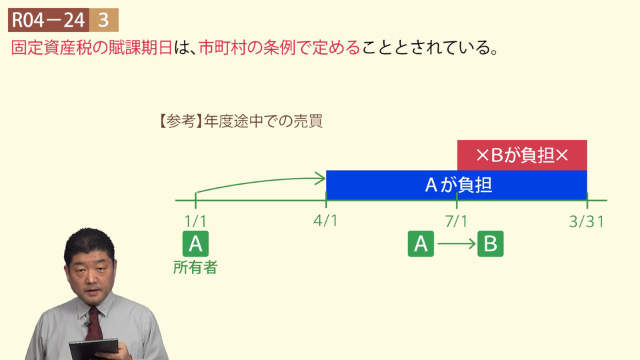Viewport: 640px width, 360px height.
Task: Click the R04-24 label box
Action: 48,20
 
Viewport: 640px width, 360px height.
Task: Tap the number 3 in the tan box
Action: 104,20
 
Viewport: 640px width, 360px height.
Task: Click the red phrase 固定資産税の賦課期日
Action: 92,48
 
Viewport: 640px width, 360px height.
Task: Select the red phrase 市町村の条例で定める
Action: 279,48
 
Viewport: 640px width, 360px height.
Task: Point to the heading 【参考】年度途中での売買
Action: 241,121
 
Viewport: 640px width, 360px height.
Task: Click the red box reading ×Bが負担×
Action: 522,155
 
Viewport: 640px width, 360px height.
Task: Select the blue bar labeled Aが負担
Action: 456,185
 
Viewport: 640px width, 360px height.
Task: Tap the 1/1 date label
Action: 195,221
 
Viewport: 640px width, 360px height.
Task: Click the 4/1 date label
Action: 325,221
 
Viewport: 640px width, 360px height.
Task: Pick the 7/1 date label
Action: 456,221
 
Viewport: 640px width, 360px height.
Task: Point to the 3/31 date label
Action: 587,221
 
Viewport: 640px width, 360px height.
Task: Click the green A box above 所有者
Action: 195,244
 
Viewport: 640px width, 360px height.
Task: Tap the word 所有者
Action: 195,267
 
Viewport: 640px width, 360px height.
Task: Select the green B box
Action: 490,244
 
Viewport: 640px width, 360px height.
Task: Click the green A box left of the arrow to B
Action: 421,244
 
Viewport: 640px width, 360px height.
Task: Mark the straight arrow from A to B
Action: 456,244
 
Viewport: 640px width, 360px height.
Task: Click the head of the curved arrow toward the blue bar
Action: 325,179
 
